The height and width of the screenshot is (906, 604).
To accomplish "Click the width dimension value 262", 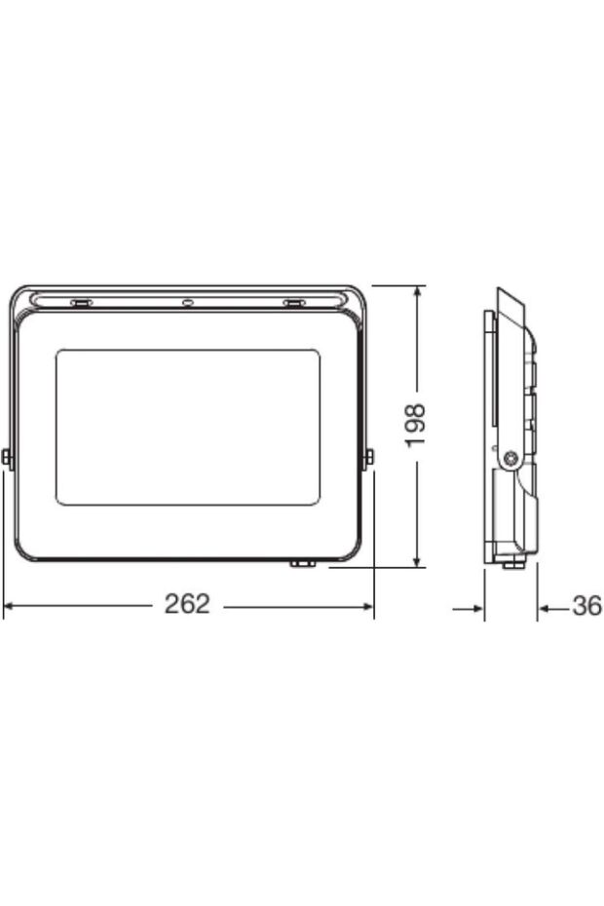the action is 187,604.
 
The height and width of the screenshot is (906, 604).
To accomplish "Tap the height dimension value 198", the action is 416,425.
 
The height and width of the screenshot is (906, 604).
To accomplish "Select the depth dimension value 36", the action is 587,607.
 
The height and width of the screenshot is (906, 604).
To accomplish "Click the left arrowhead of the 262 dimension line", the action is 9,606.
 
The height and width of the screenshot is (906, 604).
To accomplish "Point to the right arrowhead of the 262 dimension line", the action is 367,606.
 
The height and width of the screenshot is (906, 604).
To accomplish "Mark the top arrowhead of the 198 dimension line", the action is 417,291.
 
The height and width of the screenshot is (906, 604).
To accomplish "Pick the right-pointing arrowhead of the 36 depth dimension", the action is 478,608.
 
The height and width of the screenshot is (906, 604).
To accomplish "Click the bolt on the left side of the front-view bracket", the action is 8,458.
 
